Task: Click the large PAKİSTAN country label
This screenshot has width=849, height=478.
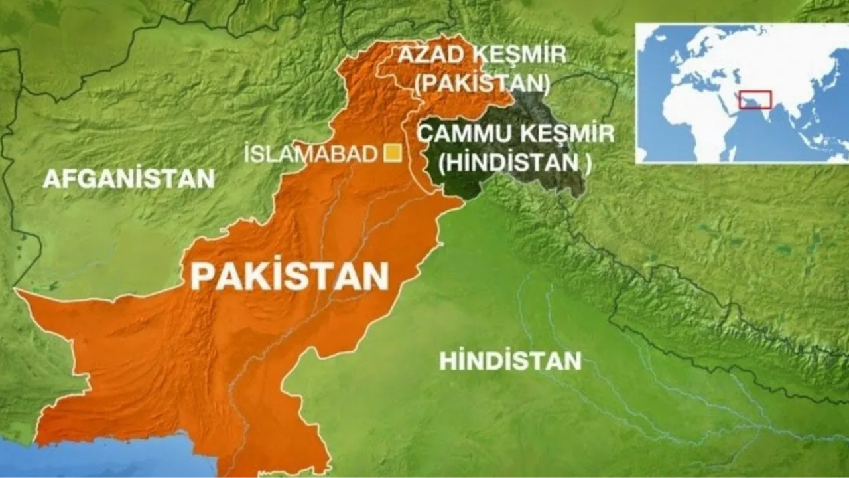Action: tap(289, 276)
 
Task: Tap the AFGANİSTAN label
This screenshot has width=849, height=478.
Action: tap(129, 179)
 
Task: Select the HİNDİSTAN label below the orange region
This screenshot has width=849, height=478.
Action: tap(510, 361)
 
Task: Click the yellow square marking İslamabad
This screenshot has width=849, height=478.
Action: tap(393, 153)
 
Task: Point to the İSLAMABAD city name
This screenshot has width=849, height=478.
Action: tap(311, 154)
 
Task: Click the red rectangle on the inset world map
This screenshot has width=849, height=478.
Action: tap(755, 100)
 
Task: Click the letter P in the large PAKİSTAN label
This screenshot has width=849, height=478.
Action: tap(201, 276)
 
